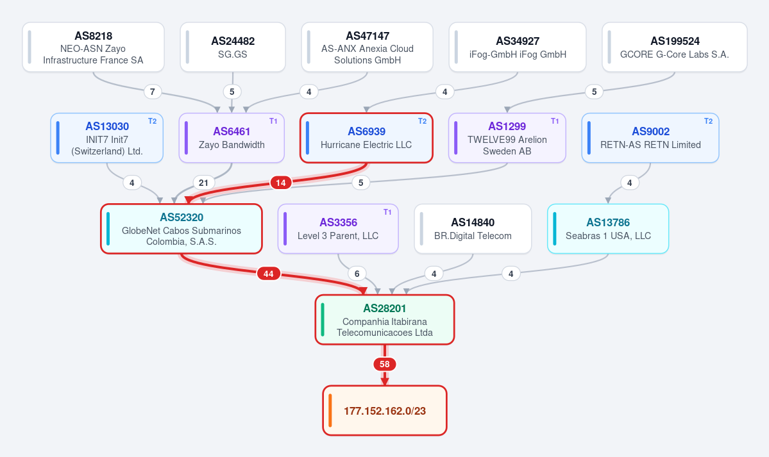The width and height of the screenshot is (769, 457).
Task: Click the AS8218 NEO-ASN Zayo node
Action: click(x=93, y=47)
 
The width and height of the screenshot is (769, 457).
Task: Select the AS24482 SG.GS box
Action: click(x=233, y=47)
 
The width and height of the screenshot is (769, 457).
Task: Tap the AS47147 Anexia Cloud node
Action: click(x=368, y=47)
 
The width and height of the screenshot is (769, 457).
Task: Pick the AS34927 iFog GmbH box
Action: click(x=518, y=47)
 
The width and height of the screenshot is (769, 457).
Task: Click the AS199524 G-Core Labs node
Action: click(x=674, y=47)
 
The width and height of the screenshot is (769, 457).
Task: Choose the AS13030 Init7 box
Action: click(x=107, y=138)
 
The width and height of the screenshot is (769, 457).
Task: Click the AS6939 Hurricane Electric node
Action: click(x=366, y=138)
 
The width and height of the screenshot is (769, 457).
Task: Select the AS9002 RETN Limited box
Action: click(x=650, y=138)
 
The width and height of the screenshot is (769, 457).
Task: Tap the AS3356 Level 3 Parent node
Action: click(x=338, y=229)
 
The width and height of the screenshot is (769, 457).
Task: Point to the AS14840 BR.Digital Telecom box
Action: click(x=473, y=229)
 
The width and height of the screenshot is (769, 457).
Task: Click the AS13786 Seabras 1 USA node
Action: click(x=608, y=229)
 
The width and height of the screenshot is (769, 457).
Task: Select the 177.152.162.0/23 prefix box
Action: click(x=385, y=410)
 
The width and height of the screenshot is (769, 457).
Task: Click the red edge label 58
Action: click(x=385, y=364)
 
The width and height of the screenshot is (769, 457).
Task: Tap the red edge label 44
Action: click(x=268, y=274)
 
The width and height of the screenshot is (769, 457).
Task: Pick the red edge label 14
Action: click(x=280, y=183)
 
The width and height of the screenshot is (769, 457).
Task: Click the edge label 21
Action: click(x=203, y=183)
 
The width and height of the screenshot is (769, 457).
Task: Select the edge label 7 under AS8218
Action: click(x=153, y=92)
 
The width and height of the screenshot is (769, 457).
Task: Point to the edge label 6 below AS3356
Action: click(x=357, y=274)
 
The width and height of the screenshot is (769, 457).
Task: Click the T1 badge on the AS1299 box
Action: click(x=555, y=121)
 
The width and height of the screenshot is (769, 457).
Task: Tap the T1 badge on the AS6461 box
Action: click(x=273, y=121)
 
